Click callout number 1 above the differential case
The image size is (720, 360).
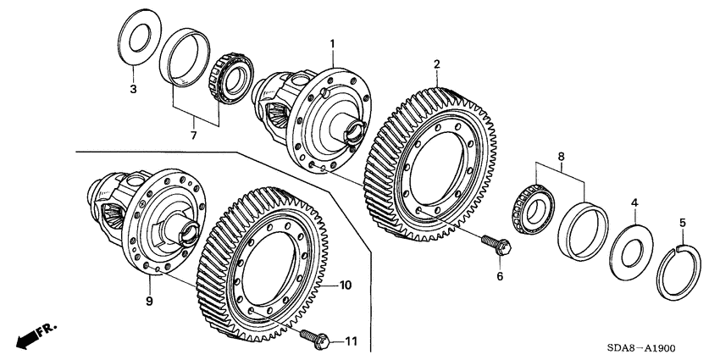coord(332,43)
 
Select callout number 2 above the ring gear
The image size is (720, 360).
coord(436,64)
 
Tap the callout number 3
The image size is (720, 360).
coord(132,89)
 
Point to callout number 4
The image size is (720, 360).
coord(633,202)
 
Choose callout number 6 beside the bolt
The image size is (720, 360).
coord(499,276)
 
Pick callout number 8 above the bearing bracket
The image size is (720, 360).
coord(560,157)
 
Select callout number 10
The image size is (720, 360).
coord(346,285)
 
